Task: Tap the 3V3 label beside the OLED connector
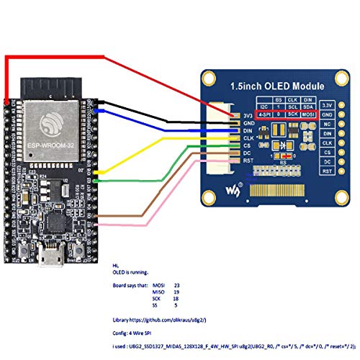[x=248, y=114]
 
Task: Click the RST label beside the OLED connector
[x=247, y=161]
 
